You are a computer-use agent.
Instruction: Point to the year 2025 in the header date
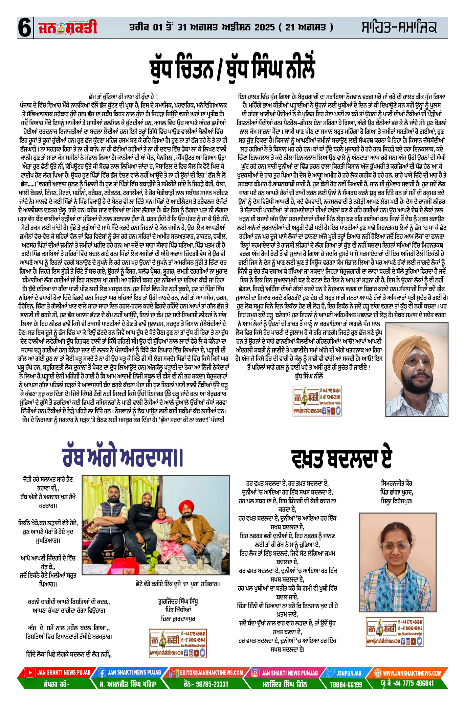click(x=265, y=27)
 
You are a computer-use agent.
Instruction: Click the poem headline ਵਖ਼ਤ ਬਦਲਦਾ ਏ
click(x=341, y=459)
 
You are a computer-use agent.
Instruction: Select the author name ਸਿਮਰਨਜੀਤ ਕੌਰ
click(x=396, y=483)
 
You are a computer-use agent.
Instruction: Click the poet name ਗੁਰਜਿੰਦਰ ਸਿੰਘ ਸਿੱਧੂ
click(x=178, y=601)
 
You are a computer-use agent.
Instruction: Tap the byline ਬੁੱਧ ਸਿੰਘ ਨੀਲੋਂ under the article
click(x=309, y=376)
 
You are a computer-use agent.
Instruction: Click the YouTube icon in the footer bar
click(x=30, y=673)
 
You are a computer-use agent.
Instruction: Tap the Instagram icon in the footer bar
click(x=256, y=673)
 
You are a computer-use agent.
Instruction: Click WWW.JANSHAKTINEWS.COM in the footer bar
click(x=412, y=673)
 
